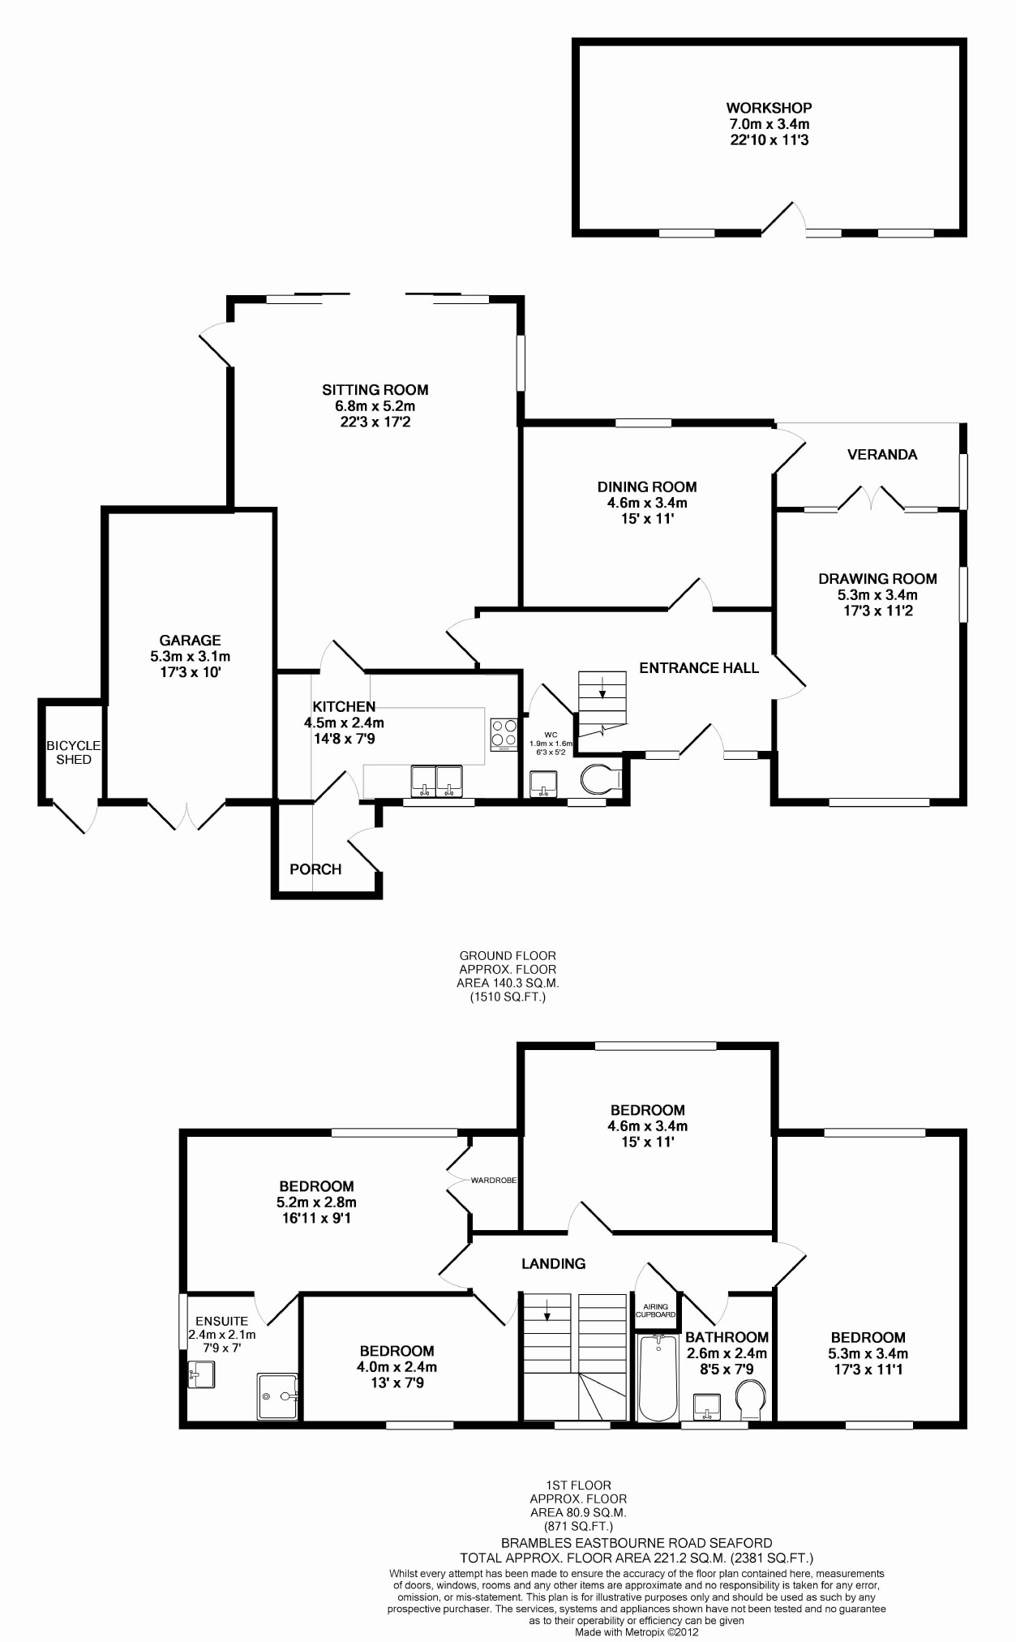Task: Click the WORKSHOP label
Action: click(x=768, y=108)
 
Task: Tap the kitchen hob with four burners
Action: click(x=504, y=734)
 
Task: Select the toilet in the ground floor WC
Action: click(x=601, y=779)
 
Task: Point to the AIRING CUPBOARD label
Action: click(x=655, y=1310)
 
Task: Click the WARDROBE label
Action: click(x=493, y=1181)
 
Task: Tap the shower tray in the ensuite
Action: click(x=277, y=1395)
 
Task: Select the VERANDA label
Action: click(x=881, y=455)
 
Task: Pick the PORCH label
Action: click(x=315, y=869)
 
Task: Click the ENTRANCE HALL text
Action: click(x=699, y=668)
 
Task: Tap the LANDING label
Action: click(x=553, y=1263)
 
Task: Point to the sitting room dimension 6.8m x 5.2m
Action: click(x=375, y=406)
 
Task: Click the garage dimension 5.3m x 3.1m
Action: click(x=190, y=657)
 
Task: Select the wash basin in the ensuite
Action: click(x=201, y=1374)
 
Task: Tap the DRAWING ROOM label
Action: click(x=877, y=579)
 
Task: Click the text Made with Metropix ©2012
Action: click(x=637, y=1632)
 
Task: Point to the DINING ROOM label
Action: click(x=647, y=487)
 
